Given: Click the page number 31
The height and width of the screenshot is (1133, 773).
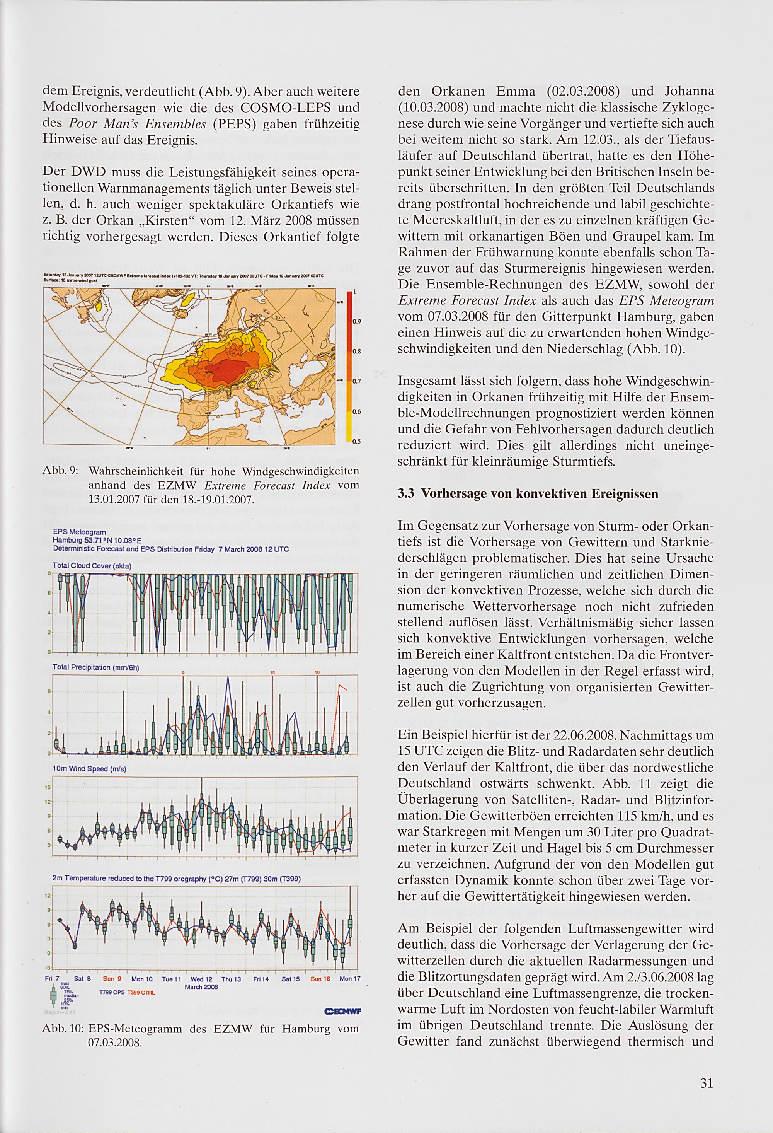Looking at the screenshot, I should pos(706,1083).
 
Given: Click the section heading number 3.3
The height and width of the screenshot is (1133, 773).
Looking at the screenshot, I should pos(406,494).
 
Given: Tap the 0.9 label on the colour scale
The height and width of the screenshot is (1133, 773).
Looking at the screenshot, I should pos(357,321).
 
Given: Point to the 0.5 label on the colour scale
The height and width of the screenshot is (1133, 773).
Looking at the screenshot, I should pos(357,442).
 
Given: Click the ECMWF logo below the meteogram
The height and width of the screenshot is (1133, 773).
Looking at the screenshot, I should pos(342,1011).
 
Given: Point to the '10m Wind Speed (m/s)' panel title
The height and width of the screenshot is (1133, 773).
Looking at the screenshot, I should pos(89,769).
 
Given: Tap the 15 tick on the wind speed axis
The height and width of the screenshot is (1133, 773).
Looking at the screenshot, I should pos(48,787).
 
